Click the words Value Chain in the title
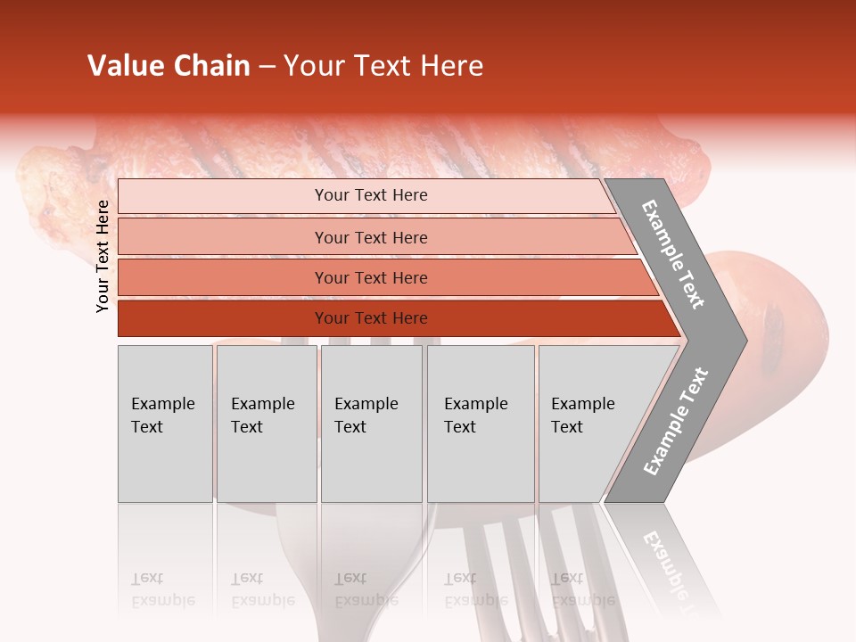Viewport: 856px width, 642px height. (169, 66)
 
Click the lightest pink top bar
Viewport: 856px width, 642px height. (223, 196)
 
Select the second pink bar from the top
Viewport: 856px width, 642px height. (223, 237)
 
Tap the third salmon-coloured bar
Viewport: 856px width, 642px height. (223, 277)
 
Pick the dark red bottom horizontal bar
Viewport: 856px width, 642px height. (223, 318)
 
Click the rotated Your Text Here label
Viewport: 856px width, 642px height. (103, 256)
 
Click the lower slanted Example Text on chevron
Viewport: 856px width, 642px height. (676, 422)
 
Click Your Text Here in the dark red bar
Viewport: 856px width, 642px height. (371, 318)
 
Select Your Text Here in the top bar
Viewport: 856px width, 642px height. (371, 195)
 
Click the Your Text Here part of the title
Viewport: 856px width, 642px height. (383, 66)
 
